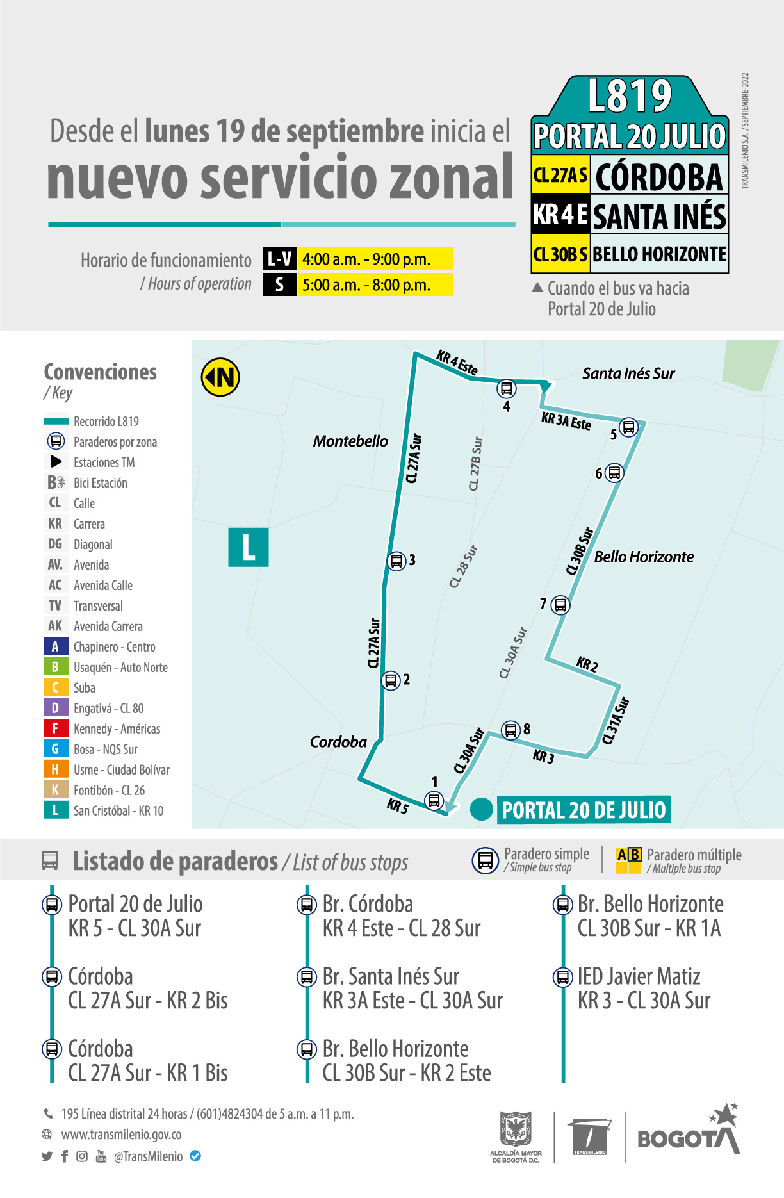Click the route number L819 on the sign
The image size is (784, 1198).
coord(630,96)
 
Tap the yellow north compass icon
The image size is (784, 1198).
coord(220,377)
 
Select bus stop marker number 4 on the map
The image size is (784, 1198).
coord(507,388)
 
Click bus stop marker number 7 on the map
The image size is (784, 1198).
coord(560,605)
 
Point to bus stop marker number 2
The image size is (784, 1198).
coord(391,680)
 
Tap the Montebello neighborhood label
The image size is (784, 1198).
coord(350,441)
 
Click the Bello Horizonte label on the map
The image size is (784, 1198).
coord(644,557)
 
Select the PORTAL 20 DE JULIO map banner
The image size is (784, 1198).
coord(584,810)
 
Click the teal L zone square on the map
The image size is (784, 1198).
coord(249,548)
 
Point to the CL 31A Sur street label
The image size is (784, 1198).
coord(616,721)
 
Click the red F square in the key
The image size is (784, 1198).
coord(55,728)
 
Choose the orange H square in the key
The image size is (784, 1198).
coord(55,769)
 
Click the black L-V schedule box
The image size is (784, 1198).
coord(280,259)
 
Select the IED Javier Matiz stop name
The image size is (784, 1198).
coord(639,976)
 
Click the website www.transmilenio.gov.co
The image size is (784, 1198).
coord(121,1135)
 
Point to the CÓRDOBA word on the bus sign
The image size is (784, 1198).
coord(658,177)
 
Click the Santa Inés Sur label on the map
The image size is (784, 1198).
coord(628,373)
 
